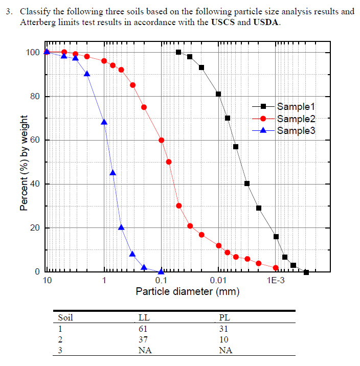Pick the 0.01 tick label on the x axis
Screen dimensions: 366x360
pos(218,281)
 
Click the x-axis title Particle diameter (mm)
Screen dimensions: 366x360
pos(187,292)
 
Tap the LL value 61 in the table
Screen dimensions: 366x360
pos(143,329)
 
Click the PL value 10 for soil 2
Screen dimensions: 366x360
pos(223,339)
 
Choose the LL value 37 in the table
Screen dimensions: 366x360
pos(143,339)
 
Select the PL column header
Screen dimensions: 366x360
pos(223,317)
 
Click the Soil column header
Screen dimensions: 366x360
pos(66,317)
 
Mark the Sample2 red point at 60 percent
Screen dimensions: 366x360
pos(162,140)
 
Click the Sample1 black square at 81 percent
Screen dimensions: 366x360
pos(218,94)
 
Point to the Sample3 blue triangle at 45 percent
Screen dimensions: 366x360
pos(113,173)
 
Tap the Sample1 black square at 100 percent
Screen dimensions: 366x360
pos(178,52)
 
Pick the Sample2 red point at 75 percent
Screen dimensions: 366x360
pos(144,107)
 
